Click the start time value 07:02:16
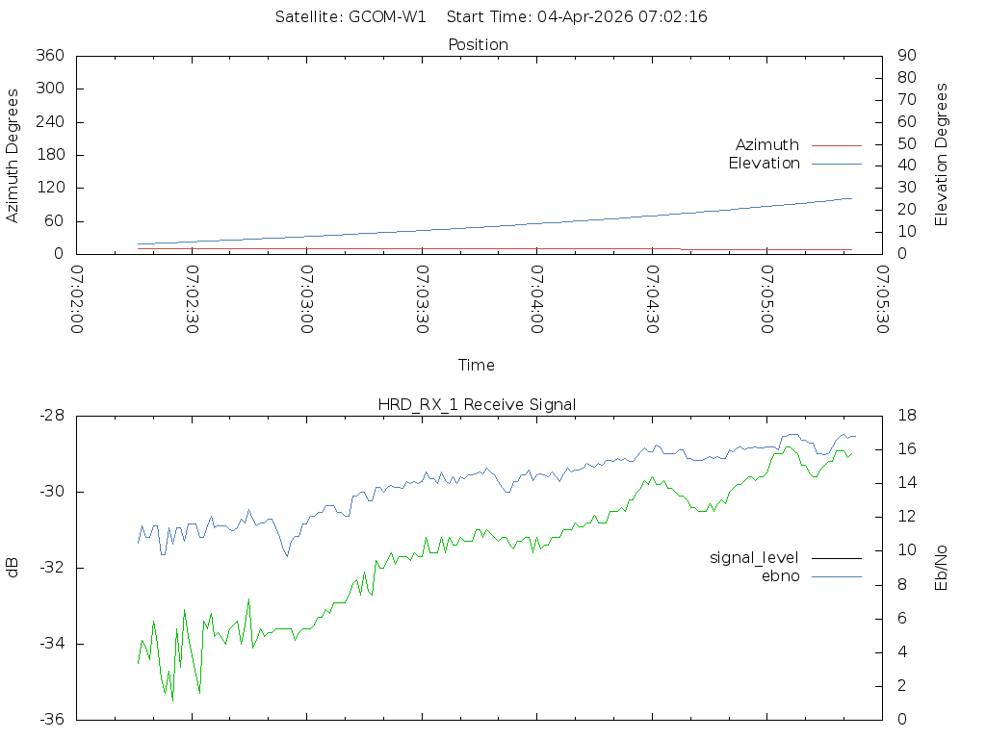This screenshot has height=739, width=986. [x=674, y=17]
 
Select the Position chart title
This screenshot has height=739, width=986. [x=478, y=44]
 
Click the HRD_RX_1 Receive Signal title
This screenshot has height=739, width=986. [x=477, y=404]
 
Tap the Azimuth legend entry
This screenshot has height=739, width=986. [x=767, y=144]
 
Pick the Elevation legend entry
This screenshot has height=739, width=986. [x=765, y=164]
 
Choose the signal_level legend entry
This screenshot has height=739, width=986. [x=754, y=557]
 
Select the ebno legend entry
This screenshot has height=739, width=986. [x=781, y=576]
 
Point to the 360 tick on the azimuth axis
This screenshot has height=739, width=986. [x=49, y=56]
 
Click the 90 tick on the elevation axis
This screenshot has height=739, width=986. [x=904, y=56]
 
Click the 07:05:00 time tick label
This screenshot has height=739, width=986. [x=766, y=299]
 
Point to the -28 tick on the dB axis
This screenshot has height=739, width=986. [x=49, y=416]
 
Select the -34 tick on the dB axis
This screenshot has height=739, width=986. [x=49, y=644]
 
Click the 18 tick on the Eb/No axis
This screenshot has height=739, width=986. [x=904, y=416]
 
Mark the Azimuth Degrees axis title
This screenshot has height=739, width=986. [x=13, y=155]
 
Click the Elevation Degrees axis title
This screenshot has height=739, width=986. [x=942, y=155]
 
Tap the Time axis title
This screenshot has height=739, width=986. [x=477, y=366]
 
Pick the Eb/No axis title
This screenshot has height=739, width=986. [x=942, y=568]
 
